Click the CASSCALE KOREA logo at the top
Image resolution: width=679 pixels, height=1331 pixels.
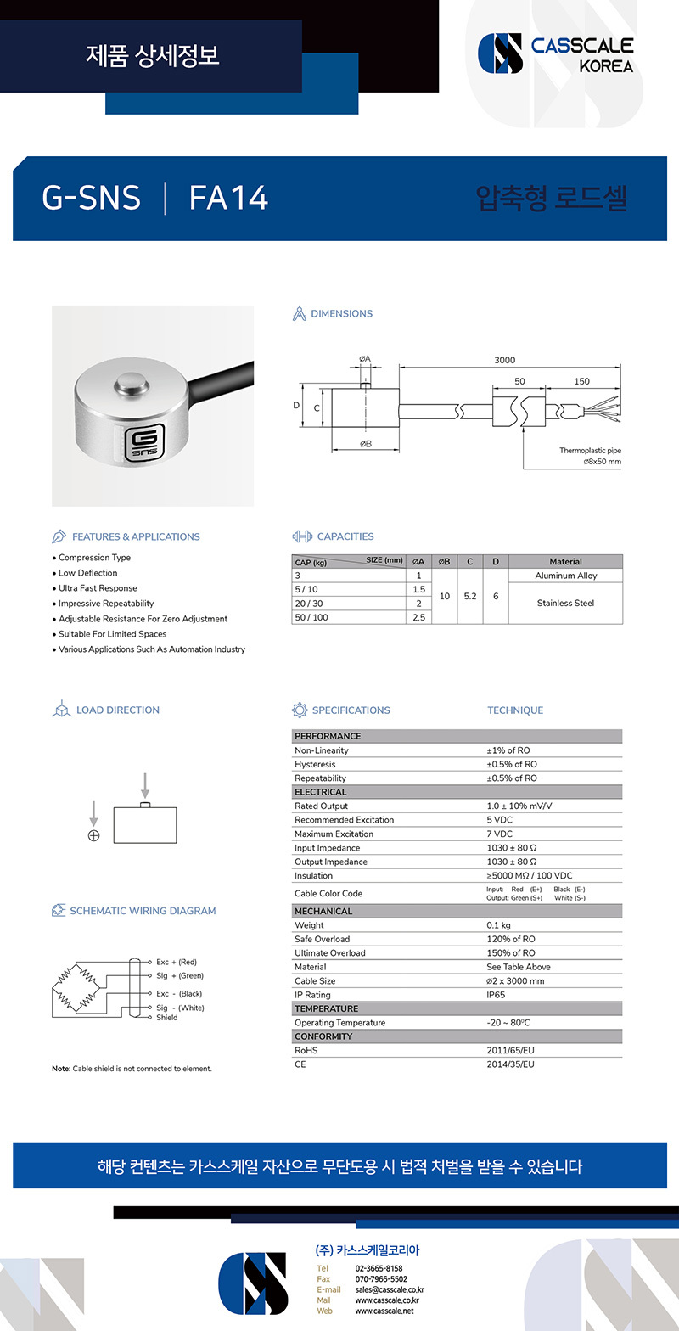pyautogui.click(x=556, y=53)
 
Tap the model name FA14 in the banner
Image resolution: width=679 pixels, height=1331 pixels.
pyautogui.click(x=228, y=198)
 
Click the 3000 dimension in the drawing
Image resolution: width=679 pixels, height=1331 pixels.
pyautogui.click(x=505, y=360)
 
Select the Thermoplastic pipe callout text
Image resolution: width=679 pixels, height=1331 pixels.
pyautogui.click(x=590, y=451)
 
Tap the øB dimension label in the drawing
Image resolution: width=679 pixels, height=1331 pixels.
pyautogui.click(x=366, y=444)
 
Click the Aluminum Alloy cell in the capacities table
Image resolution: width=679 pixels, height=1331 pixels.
pyautogui.click(x=565, y=576)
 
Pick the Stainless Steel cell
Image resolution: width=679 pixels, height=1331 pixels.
pyautogui.click(x=565, y=603)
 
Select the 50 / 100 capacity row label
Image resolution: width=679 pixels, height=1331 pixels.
pyautogui.click(x=311, y=617)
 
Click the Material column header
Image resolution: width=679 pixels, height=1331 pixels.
pyautogui.click(x=565, y=561)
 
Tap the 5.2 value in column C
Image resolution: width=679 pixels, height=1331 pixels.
pyautogui.click(x=469, y=596)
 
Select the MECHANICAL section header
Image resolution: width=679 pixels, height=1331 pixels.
pyautogui.click(x=323, y=911)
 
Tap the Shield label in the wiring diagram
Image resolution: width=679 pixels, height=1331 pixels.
pyautogui.click(x=167, y=1017)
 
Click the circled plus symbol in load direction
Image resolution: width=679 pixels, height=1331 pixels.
pyautogui.click(x=93, y=835)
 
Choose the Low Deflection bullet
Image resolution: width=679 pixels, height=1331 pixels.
pyautogui.click(x=87, y=573)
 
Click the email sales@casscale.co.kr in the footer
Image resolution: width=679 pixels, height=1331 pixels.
pyautogui.click(x=390, y=1289)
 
